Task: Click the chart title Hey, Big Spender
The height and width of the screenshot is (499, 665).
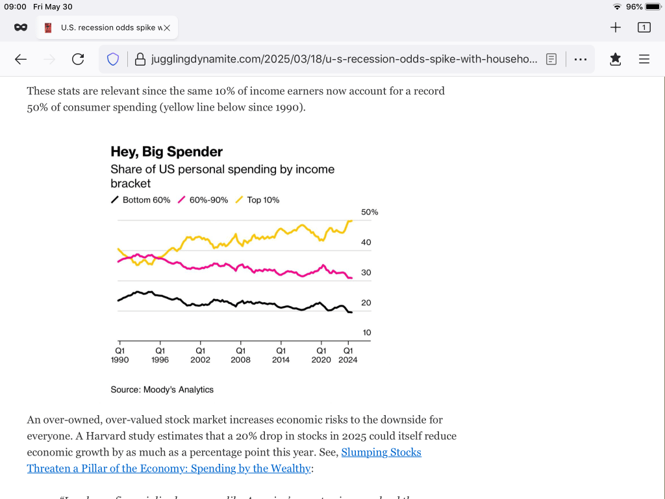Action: [166, 152]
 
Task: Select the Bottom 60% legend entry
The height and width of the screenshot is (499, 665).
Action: [141, 200]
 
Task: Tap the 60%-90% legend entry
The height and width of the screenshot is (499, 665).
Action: [203, 200]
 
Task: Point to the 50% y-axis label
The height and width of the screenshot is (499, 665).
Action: [370, 212]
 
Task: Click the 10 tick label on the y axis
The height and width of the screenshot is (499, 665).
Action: [367, 333]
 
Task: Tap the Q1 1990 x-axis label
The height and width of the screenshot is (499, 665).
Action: [120, 355]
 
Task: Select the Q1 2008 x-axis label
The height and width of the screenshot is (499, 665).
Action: [240, 355]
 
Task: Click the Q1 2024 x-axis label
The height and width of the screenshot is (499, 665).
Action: [347, 355]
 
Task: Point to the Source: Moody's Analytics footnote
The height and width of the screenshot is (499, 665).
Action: [162, 390]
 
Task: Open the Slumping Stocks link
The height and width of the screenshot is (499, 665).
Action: [381, 452]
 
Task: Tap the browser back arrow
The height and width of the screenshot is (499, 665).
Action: [21, 59]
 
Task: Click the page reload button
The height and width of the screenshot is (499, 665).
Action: [78, 59]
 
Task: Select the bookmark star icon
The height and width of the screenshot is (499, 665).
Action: [615, 59]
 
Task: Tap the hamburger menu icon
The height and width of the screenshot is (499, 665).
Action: [644, 59]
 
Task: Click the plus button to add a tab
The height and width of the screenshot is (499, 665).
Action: [616, 27]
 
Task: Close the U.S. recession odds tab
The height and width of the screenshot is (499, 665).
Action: [166, 28]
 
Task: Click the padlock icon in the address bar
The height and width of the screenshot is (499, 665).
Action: [139, 59]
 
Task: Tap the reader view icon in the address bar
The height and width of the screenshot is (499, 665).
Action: [551, 59]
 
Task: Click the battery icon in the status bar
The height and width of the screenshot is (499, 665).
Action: [653, 6]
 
